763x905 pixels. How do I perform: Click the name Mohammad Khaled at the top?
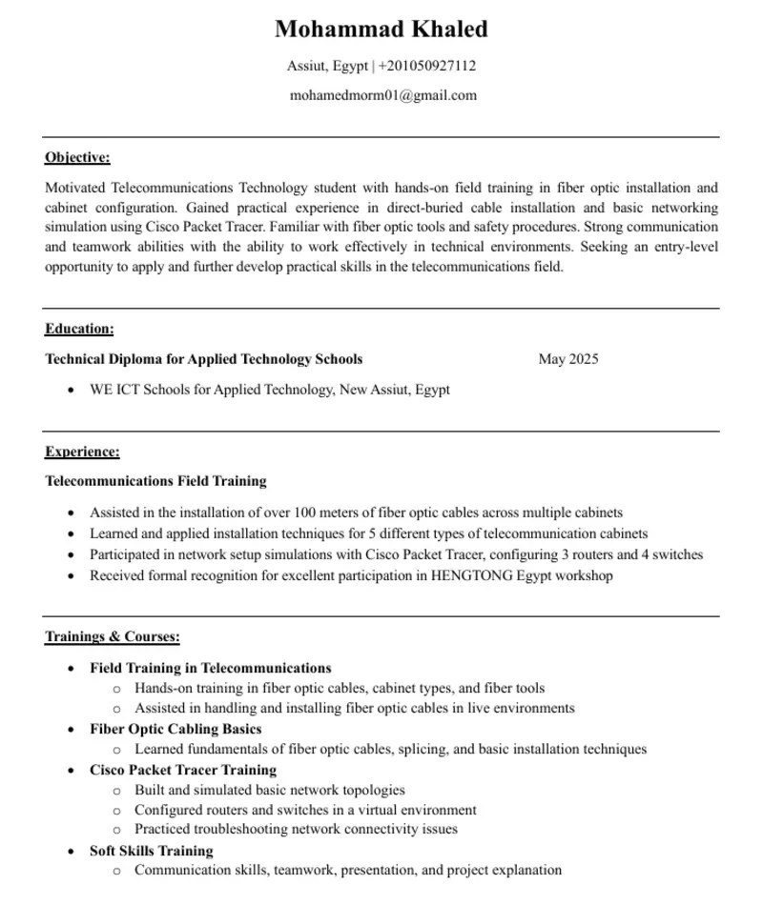(381, 30)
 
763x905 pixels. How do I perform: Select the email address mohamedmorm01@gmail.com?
(382, 95)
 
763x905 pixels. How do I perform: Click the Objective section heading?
(77, 157)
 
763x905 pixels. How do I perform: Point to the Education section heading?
(79, 329)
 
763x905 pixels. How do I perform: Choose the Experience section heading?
(82, 452)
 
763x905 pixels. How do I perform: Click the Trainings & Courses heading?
(113, 636)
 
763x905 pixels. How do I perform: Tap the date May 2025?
(568, 359)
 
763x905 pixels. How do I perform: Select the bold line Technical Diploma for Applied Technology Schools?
(203, 359)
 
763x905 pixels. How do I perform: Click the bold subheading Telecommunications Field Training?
(155, 481)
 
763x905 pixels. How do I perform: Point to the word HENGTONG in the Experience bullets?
(470, 575)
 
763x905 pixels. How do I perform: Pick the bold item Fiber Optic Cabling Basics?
(175, 729)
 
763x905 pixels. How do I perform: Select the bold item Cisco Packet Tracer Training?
(183, 770)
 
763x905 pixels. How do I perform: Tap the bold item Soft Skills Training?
(152, 851)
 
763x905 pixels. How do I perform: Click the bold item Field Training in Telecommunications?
(211, 668)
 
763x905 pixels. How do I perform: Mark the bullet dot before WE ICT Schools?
(71, 390)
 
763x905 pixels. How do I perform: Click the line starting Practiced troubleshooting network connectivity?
(296, 830)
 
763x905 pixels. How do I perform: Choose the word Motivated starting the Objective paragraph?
(75, 188)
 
